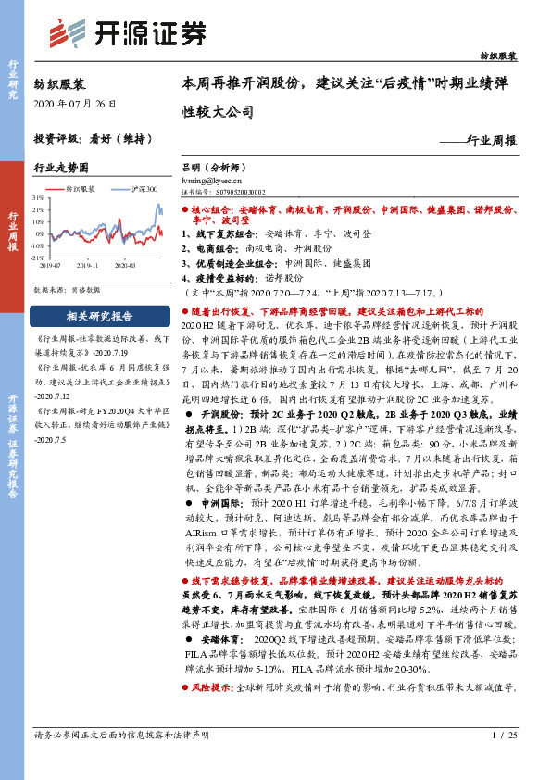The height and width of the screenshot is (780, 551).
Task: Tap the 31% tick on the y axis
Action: [x=39, y=198]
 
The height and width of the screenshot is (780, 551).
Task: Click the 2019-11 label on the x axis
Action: [x=89, y=264]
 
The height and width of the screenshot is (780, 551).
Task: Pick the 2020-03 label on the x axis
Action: [x=125, y=264]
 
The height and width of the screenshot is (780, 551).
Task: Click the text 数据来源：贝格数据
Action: [x=68, y=290]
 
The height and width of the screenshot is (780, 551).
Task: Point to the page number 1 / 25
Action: [x=504, y=760]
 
